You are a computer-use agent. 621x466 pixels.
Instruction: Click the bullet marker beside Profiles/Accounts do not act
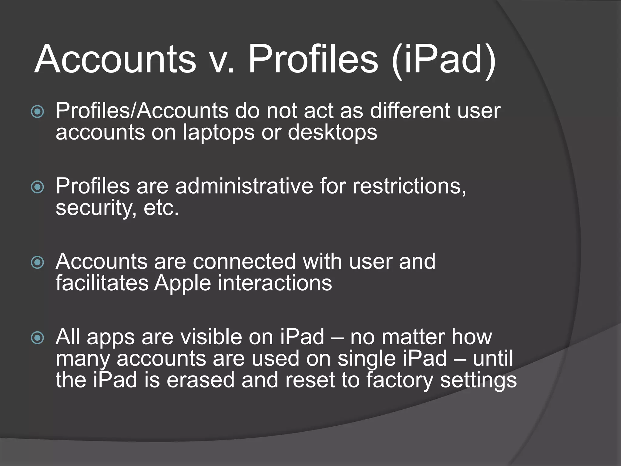click(38, 112)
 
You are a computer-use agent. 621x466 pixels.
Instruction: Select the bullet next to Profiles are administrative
click(38, 187)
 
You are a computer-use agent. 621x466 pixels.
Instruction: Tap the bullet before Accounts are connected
click(38, 263)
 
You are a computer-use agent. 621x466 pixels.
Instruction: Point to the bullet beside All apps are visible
click(38, 338)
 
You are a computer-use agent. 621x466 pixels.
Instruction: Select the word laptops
click(218, 133)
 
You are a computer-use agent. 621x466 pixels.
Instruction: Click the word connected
click(244, 261)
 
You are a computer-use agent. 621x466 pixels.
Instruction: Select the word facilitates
click(102, 283)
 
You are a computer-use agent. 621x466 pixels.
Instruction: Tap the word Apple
click(182, 284)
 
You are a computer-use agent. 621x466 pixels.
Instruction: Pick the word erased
click(200, 380)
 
